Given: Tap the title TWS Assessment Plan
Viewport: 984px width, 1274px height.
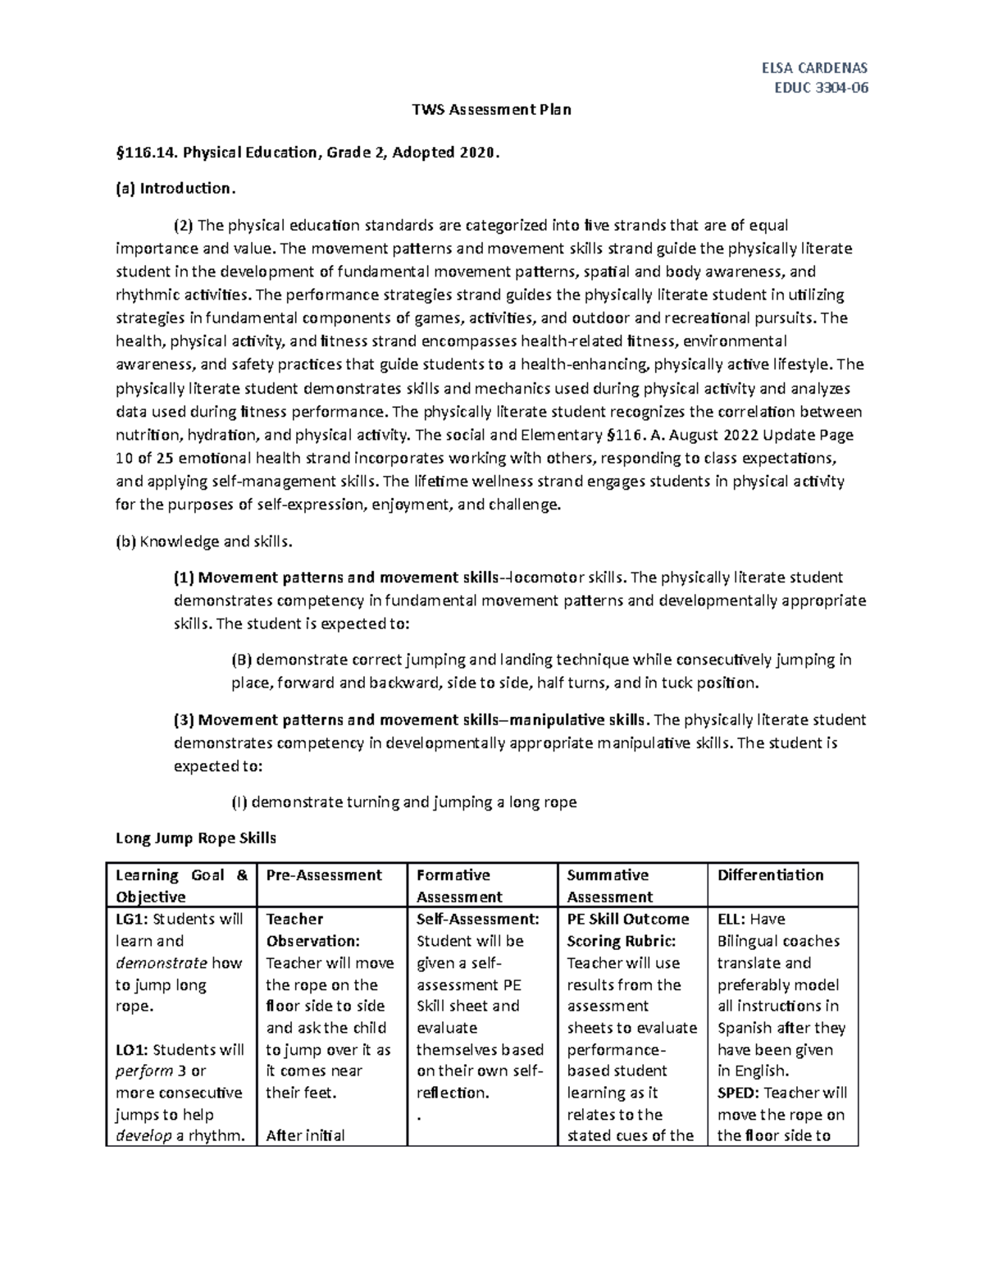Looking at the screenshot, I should tap(490, 109).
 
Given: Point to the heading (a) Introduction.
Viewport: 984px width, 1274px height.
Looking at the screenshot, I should tap(175, 189).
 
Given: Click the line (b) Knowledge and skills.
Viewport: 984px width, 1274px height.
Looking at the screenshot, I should tap(203, 541).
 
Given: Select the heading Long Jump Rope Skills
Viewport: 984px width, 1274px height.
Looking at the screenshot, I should tap(196, 838).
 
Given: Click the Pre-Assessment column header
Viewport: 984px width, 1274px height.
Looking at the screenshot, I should tap(323, 875).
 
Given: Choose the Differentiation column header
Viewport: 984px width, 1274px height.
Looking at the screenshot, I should tap(770, 875).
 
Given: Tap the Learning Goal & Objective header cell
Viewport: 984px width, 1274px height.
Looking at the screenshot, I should tap(181, 885).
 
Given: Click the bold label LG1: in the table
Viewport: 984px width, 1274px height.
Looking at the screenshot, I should tap(132, 919).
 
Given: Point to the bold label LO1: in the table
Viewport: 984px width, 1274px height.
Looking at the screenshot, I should tap(132, 1050).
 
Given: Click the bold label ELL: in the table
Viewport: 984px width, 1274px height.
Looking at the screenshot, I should tap(731, 919).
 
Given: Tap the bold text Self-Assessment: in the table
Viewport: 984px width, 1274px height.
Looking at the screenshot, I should tap(477, 919).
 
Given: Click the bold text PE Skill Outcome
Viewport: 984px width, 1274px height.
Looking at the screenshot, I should tap(627, 919).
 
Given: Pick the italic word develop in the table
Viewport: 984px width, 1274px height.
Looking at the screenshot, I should tap(143, 1136).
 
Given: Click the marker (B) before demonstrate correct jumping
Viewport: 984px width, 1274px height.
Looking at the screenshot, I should tap(243, 660).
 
